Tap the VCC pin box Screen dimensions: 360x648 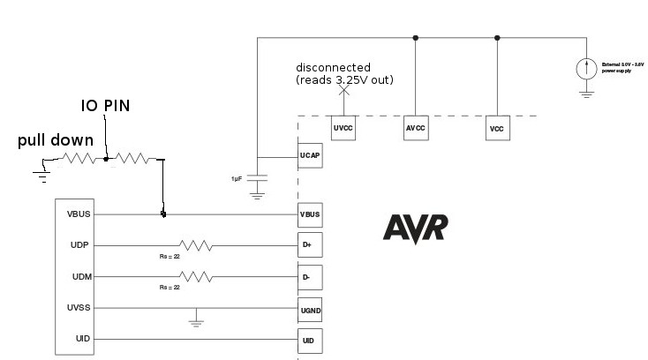(496, 129)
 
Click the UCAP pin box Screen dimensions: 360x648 (310, 156)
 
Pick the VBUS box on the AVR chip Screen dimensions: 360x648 (310, 214)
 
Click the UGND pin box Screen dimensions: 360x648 (310, 308)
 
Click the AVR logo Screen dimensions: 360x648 (415, 228)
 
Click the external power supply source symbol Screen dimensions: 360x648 (585, 67)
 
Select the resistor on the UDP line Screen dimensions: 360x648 (194, 245)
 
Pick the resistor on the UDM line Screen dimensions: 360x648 (194, 277)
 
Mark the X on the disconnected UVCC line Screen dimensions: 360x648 (344, 90)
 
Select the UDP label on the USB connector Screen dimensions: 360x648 (78, 245)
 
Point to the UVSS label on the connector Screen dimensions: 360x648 (78, 308)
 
